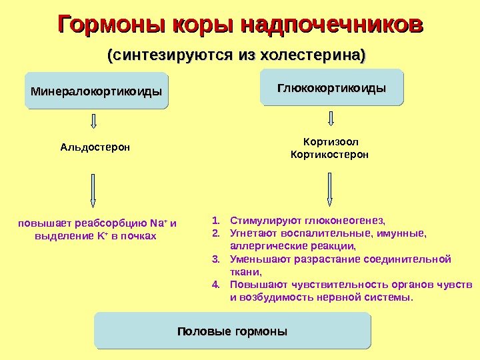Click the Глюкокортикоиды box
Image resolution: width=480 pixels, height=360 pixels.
tap(332, 87)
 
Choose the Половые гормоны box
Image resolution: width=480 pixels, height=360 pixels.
tap(232, 331)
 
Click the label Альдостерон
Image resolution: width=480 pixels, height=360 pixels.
tap(95, 147)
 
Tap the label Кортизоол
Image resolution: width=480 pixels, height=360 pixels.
tap(331, 142)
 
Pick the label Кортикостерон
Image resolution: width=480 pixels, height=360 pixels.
tap(331, 155)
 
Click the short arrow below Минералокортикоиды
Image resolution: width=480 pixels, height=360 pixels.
tap(93, 121)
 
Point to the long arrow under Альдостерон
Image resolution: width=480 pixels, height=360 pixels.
tap(93, 190)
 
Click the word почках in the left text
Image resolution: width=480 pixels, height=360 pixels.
tap(139, 236)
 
